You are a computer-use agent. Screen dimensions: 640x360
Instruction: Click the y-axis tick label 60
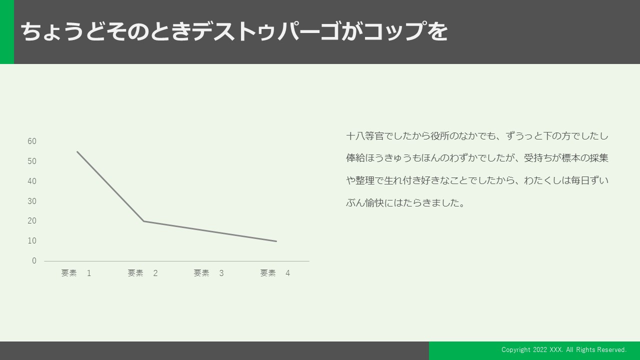tap(32, 141)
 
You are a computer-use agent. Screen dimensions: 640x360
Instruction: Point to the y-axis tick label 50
tap(32, 161)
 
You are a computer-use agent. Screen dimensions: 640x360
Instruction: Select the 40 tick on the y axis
tap(32, 181)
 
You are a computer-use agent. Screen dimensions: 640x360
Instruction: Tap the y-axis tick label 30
tap(32, 201)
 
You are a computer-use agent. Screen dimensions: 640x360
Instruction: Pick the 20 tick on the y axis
tap(32, 221)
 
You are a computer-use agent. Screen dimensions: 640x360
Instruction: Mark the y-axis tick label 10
tap(32, 241)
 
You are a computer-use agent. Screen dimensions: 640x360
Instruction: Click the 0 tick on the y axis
tap(34, 261)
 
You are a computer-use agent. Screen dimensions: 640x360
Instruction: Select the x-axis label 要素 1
tap(76, 273)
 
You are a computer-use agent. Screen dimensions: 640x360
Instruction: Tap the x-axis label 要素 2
tap(142, 273)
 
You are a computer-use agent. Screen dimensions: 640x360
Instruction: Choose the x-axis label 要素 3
tap(208, 273)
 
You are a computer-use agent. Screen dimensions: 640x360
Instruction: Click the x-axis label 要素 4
tap(275, 273)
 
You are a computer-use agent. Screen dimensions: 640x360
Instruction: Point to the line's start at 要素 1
tap(77, 151)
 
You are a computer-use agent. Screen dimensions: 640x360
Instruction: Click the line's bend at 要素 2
tap(143, 221)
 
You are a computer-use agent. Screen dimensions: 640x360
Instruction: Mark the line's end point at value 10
tap(276, 241)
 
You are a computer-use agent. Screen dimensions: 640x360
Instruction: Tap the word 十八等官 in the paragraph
tap(365, 136)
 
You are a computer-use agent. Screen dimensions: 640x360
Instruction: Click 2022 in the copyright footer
tap(540, 349)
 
